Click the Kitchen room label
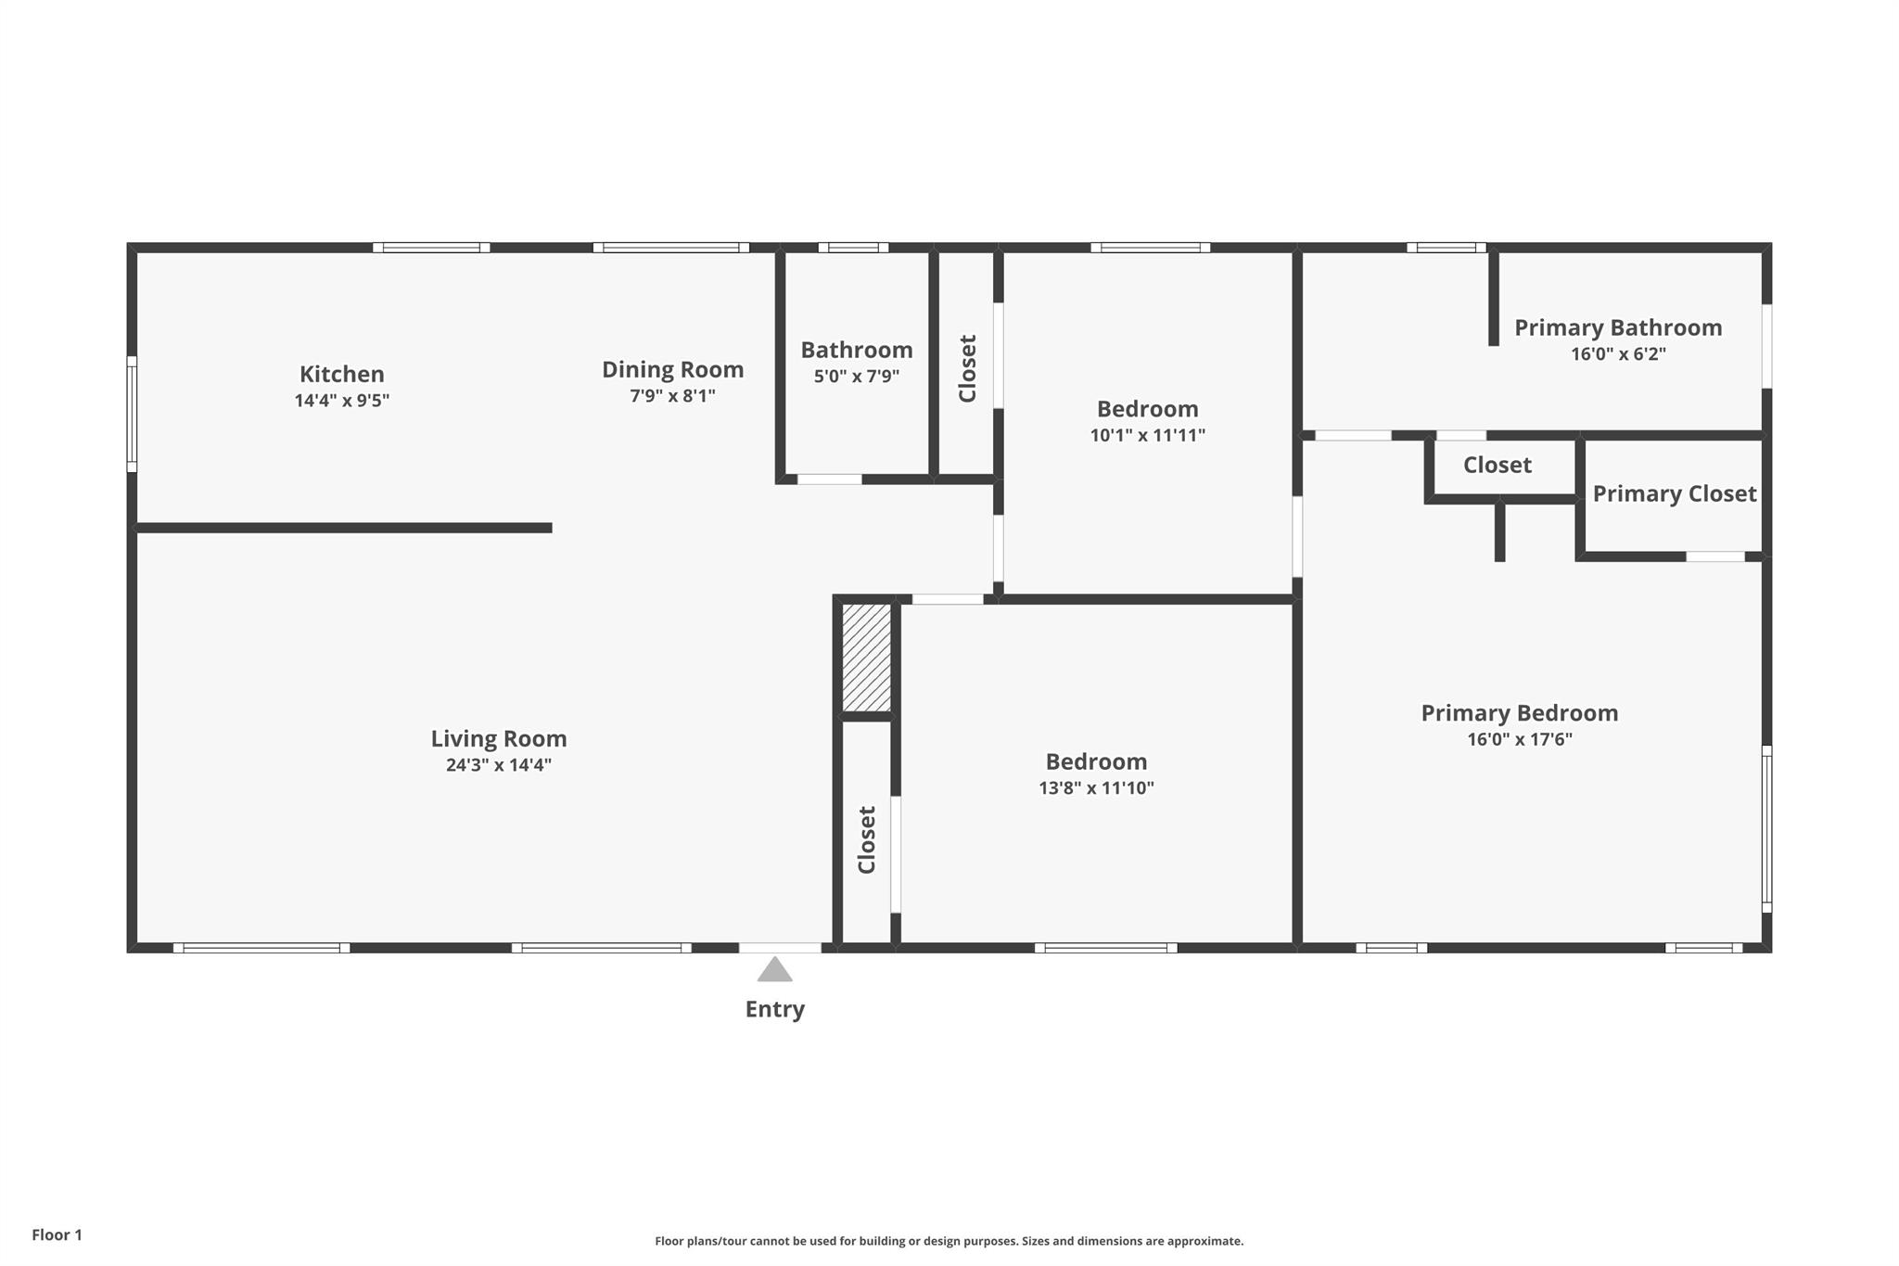[x=341, y=374]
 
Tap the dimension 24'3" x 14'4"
[x=499, y=765]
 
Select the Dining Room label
[x=672, y=369]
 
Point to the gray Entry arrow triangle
[x=774, y=971]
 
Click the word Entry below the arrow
[x=774, y=1009]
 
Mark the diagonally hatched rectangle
[x=866, y=658]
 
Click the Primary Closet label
[x=1674, y=493]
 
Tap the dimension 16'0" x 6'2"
[x=1618, y=354]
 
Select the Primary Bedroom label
[x=1519, y=713]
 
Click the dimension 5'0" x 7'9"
[x=856, y=377]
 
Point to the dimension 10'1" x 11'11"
[x=1147, y=435]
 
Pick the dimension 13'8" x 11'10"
[x=1096, y=788]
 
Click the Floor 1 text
[x=57, y=1234]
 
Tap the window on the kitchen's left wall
[x=132, y=414]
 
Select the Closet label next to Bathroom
[x=967, y=368]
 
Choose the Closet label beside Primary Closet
[x=1497, y=465]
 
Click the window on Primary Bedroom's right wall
[x=1766, y=829]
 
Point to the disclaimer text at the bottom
[x=949, y=1241]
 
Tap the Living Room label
[x=499, y=739]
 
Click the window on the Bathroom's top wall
[x=853, y=248]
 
